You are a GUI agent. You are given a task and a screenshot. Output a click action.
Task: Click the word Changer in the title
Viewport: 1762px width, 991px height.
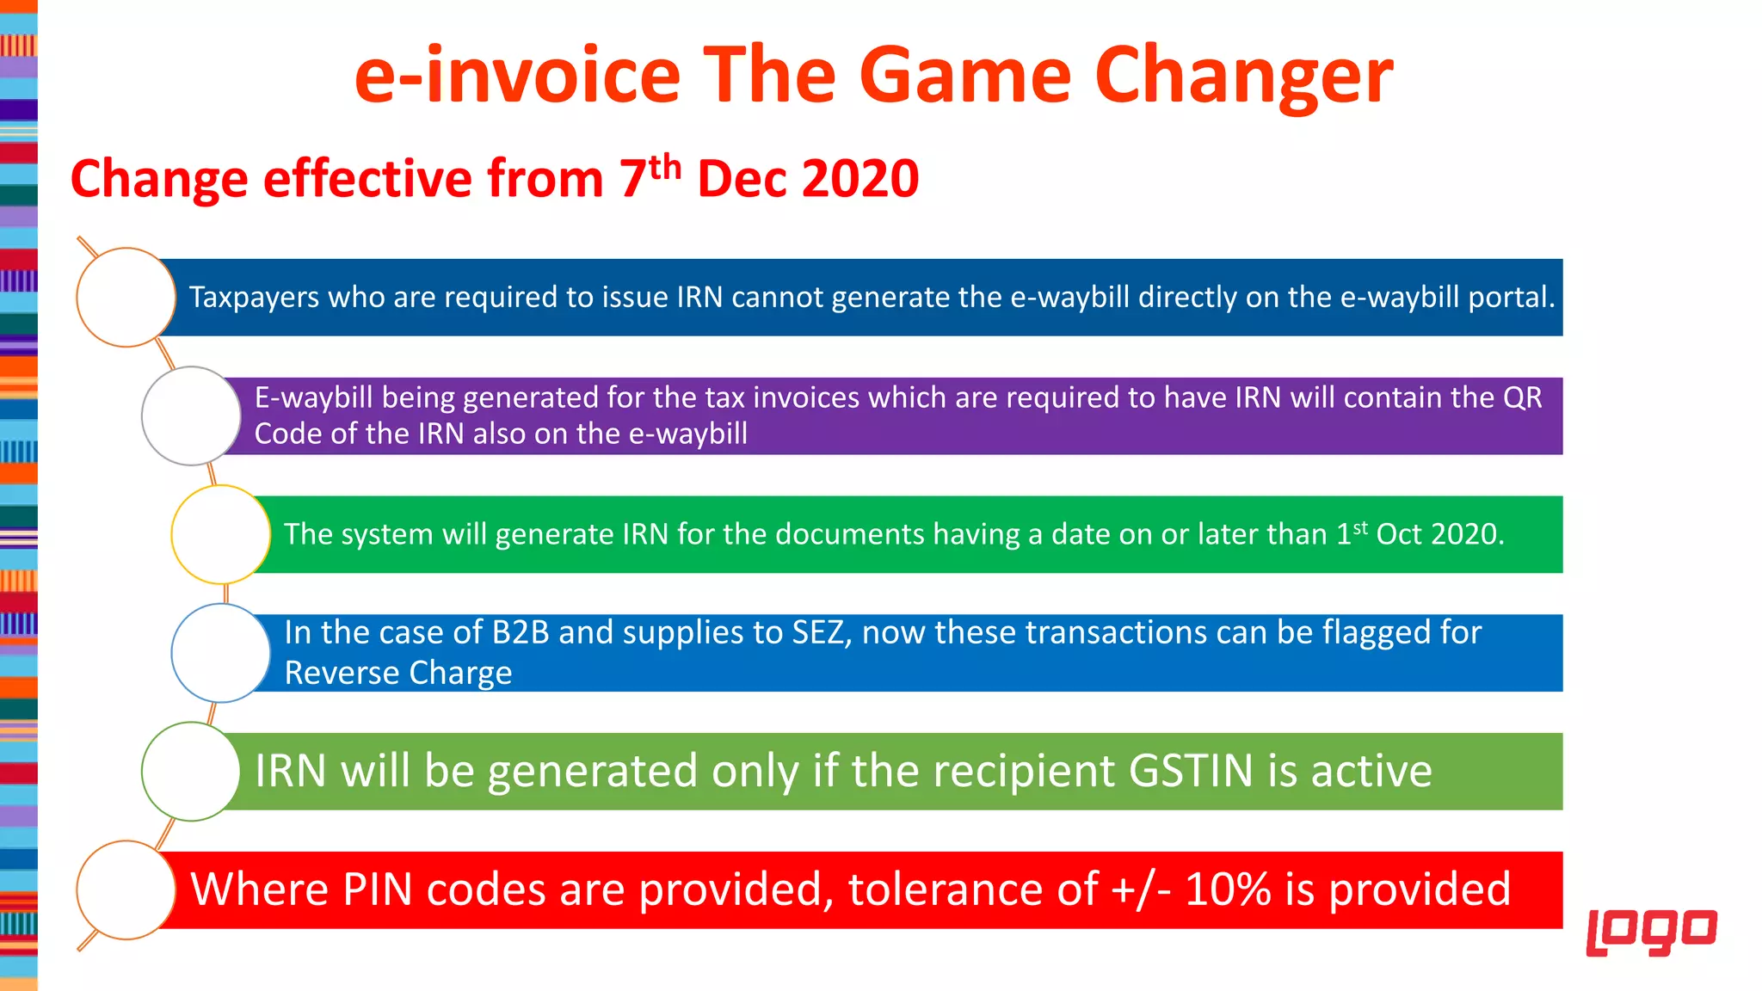[1243, 77]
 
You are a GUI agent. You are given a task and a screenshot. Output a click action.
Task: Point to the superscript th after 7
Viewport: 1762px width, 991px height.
[665, 167]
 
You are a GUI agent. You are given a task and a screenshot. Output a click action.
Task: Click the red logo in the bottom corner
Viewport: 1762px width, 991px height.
[1651, 931]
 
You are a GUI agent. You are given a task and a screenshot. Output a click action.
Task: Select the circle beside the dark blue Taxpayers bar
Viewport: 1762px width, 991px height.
[126, 298]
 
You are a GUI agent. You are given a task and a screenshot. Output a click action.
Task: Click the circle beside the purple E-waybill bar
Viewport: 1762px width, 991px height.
[191, 416]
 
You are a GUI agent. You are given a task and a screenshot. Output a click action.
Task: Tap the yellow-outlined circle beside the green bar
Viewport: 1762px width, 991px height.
[221, 534]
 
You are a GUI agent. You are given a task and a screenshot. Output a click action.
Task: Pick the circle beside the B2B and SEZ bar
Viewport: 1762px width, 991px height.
[221, 653]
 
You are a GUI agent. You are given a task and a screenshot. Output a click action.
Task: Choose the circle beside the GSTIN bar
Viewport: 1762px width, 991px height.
[191, 772]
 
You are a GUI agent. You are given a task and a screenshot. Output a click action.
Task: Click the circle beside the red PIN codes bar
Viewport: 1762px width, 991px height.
[126, 890]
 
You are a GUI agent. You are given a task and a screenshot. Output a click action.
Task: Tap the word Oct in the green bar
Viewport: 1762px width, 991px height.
[1399, 534]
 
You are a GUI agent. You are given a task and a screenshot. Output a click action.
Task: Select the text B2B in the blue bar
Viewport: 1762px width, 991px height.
[520, 633]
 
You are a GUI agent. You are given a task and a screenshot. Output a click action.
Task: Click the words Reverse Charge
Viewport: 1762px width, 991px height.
[397, 673]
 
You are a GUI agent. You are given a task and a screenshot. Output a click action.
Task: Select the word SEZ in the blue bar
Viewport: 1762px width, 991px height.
[821, 633]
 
